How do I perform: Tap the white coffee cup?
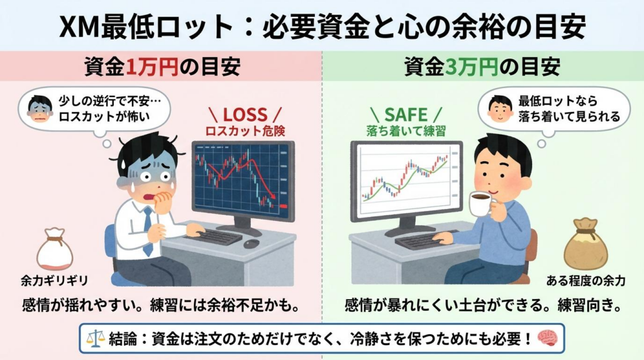(x=480, y=203)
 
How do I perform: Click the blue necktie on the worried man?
(x=147, y=230)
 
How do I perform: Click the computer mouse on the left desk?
(x=251, y=244)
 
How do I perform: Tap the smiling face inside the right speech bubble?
(x=501, y=108)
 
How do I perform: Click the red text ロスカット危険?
(x=243, y=132)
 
